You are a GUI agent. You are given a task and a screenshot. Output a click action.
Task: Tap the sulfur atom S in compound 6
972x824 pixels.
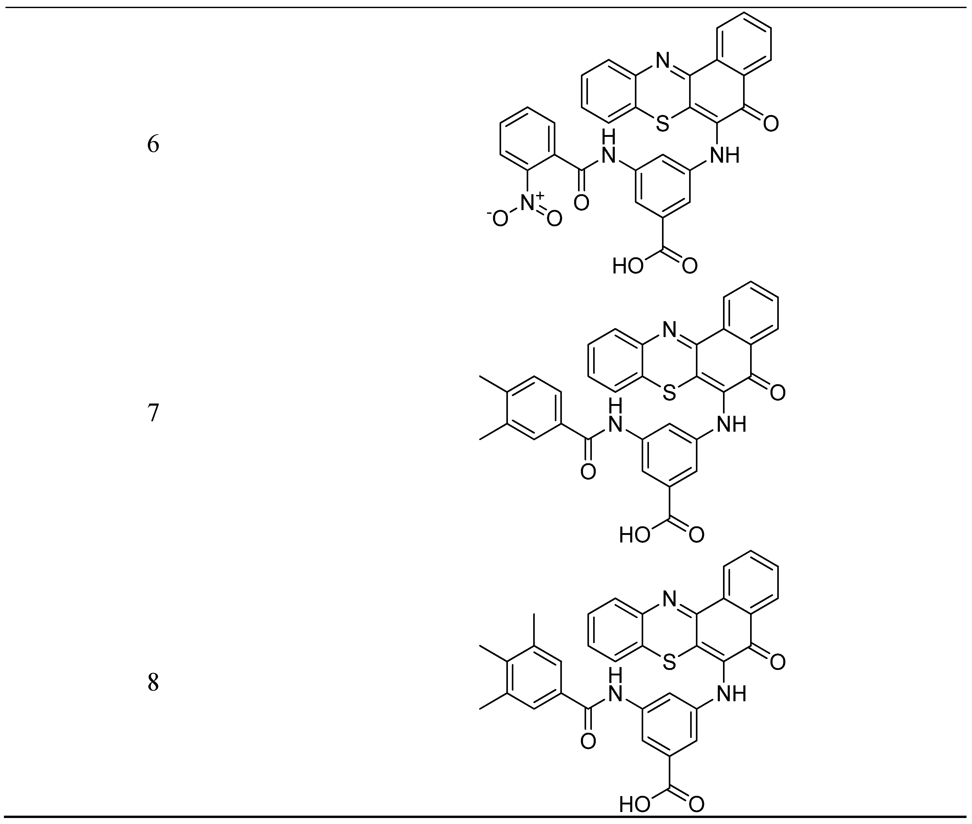coord(662,124)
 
